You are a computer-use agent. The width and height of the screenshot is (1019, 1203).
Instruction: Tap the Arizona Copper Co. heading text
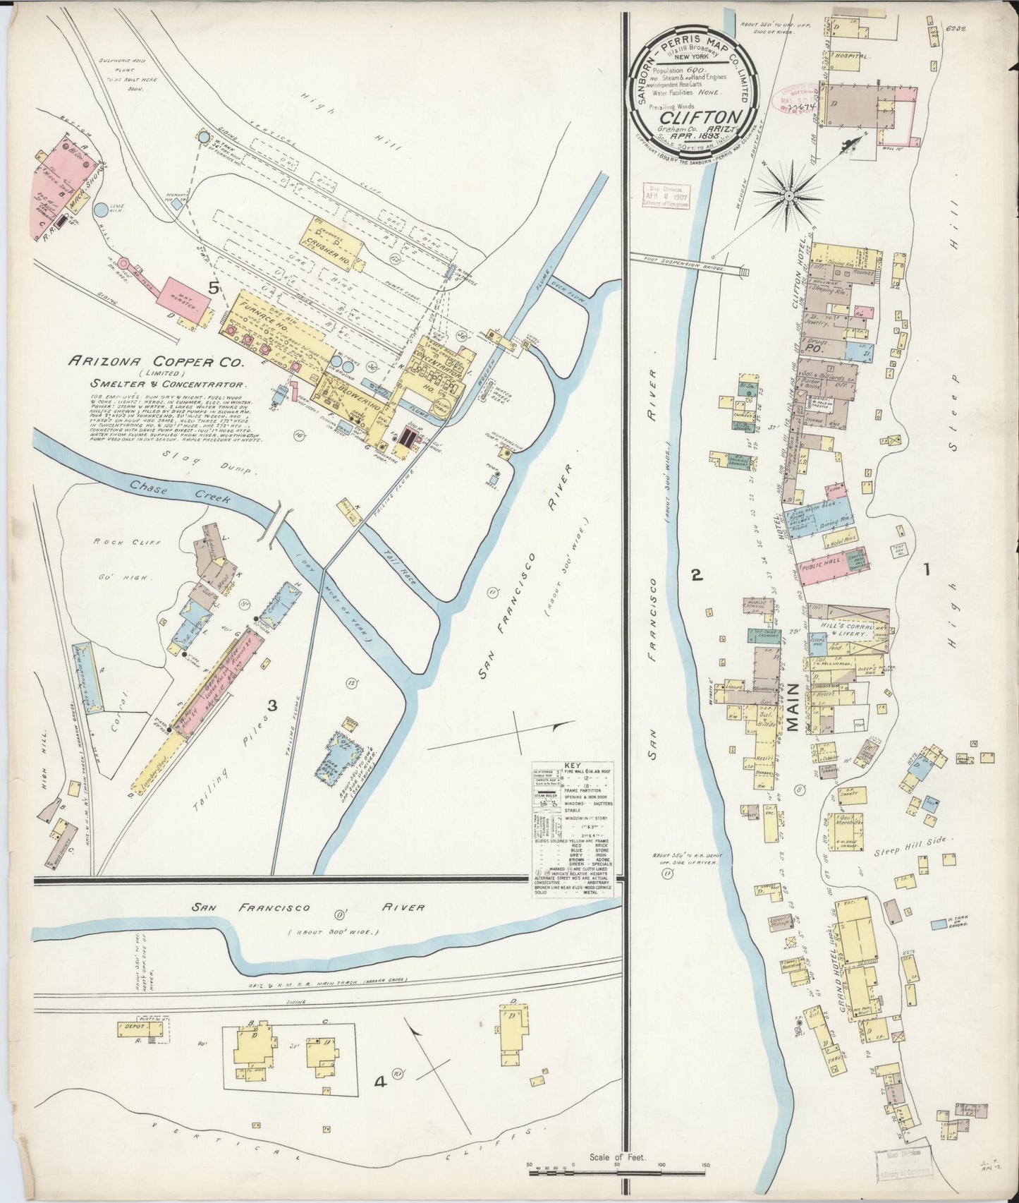tap(154, 361)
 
